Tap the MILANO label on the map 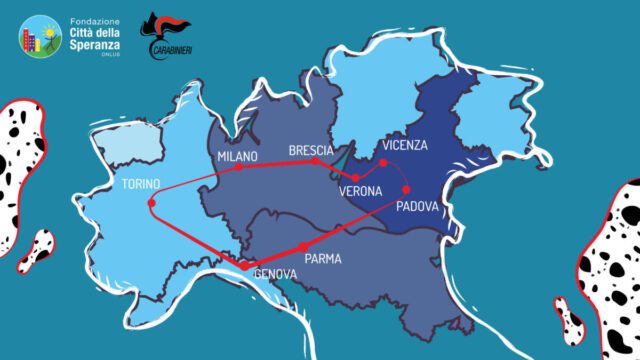pos(237,156)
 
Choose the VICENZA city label pos(405,145)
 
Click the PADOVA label pos(418,207)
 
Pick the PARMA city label pos(323,258)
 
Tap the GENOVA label pos(275,273)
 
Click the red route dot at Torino pos(151,204)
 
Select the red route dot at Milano pos(240,167)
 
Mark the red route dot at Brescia pos(315,161)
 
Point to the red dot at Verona pos(356,177)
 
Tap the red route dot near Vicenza pos(383,161)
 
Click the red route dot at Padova pos(406,189)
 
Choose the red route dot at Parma pos(302,247)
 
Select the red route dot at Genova pos(243,266)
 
